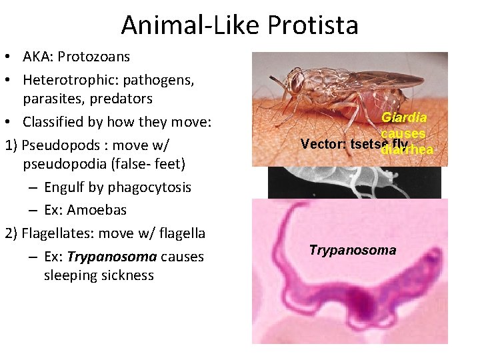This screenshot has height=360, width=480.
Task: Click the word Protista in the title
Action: point(313,25)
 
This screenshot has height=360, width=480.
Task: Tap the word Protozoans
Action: point(93,57)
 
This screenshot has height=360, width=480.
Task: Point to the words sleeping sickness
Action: point(99,275)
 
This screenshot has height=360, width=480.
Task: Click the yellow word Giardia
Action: point(404,118)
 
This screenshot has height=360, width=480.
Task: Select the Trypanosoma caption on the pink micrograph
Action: point(352,251)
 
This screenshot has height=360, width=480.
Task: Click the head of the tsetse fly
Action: point(295,83)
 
